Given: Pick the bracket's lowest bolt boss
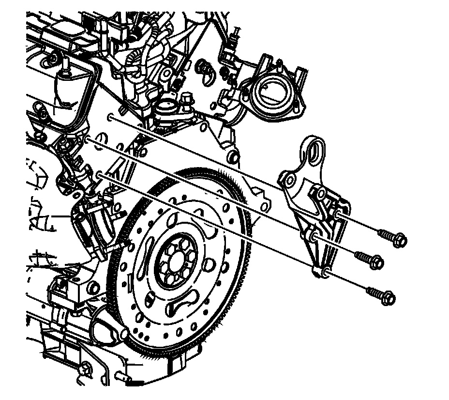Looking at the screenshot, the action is [325, 270].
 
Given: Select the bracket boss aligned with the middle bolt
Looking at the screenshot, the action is [314, 237].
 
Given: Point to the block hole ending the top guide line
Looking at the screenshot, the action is [110, 117].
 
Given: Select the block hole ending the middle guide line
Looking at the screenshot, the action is [86, 140].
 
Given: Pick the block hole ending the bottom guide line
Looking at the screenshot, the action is [100, 174].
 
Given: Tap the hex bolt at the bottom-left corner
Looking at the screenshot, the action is [86, 370].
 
